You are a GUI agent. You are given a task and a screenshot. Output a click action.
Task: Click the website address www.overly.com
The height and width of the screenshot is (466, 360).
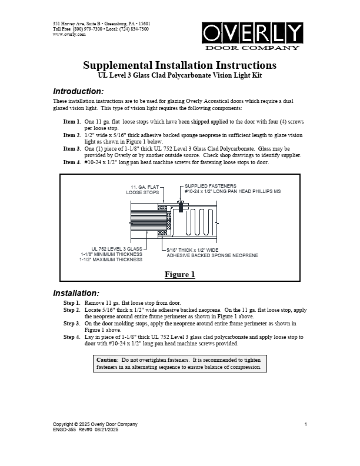[x=69, y=35]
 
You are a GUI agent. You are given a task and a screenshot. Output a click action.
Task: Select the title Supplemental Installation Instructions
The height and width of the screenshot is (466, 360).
[x=179, y=65]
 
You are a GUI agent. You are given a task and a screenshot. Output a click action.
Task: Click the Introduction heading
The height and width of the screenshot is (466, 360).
[x=78, y=91]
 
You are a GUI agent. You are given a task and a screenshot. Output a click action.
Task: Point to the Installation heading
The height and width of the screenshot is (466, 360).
[x=76, y=293]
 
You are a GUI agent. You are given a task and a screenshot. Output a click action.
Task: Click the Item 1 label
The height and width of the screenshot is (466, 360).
[x=72, y=121]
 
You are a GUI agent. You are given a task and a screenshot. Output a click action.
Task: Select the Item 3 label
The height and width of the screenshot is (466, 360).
[x=72, y=149]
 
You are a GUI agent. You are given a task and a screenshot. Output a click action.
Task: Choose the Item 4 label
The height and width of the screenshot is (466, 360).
[x=72, y=162]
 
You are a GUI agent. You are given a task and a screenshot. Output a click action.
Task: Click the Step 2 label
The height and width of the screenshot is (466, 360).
[x=72, y=309]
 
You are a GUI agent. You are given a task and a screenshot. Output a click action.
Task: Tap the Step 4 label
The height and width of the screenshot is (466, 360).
[x=72, y=337]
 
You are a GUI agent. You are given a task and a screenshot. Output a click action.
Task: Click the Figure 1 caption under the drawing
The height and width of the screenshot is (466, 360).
[x=179, y=274]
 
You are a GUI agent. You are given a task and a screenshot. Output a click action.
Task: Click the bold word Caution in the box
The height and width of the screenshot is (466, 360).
[x=107, y=359]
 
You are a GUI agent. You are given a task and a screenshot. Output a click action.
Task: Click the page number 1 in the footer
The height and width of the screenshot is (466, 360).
[x=306, y=424]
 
